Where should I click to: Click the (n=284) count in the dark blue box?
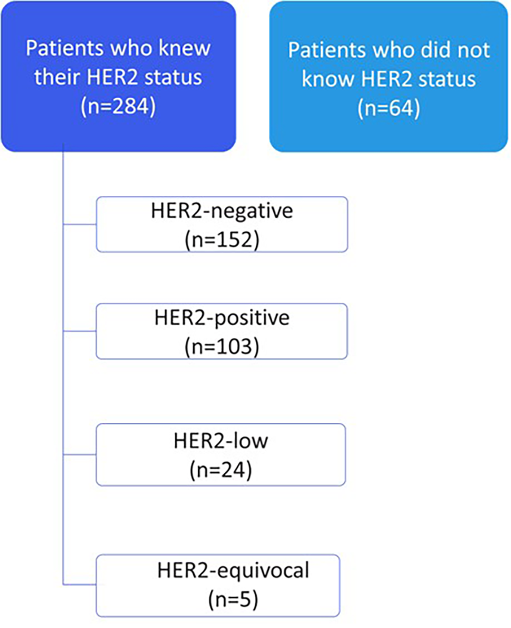tap(117, 106)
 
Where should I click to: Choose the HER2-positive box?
tap(222, 331)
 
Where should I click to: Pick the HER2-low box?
tap(222, 454)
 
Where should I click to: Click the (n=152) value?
tap(221, 241)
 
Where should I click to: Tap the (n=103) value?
tap(221, 347)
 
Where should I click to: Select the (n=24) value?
tap(221, 470)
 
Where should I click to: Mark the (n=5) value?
tap(233, 600)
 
